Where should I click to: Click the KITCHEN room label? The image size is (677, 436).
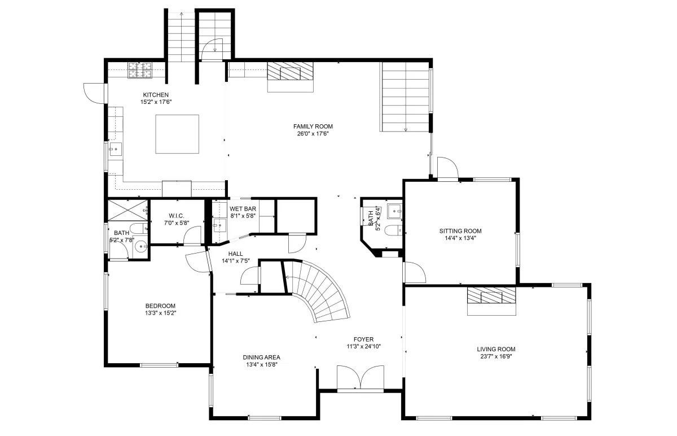pyautogui.click(x=156, y=95)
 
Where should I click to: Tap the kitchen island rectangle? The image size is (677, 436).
pyautogui.click(x=177, y=134)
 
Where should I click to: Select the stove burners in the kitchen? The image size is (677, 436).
pyautogui.click(x=140, y=70)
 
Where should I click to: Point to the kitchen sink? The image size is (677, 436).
pyautogui.click(x=116, y=149)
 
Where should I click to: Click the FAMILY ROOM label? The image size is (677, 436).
pyautogui.click(x=313, y=127)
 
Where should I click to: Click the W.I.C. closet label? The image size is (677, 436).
pyautogui.click(x=177, y=216)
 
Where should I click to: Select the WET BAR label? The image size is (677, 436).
pyautogui.click(x=243, y=209)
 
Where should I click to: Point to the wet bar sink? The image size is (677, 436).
pyautogui.click(x=219, y=225)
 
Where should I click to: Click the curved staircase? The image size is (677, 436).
pyautogui.click(x=316, y=290)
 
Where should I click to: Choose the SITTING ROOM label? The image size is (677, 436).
pyautogui.click(x=460, y=231)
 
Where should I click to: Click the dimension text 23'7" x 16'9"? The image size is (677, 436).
pyautogui.click(x=496, y=356)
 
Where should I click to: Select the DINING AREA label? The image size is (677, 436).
pyautogui.click(x=261, y=357)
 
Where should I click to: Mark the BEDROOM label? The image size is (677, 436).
pyautogui.click(x=160, y=306)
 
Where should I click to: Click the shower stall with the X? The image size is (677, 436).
pyautogui.click(x=128, y=210)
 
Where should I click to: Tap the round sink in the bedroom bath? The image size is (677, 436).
pyautogui.click(x=140, y=247)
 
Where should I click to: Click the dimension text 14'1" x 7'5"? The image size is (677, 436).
pyautogui.click(x=236, y=261)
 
